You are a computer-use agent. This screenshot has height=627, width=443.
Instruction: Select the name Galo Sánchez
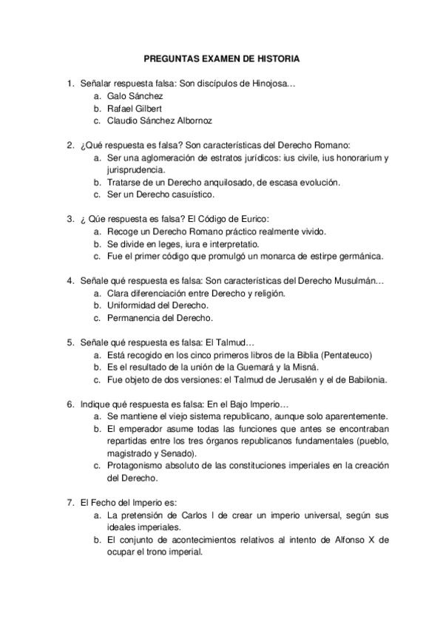point(135,95)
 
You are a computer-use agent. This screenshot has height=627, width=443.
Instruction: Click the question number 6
point(70,405)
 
